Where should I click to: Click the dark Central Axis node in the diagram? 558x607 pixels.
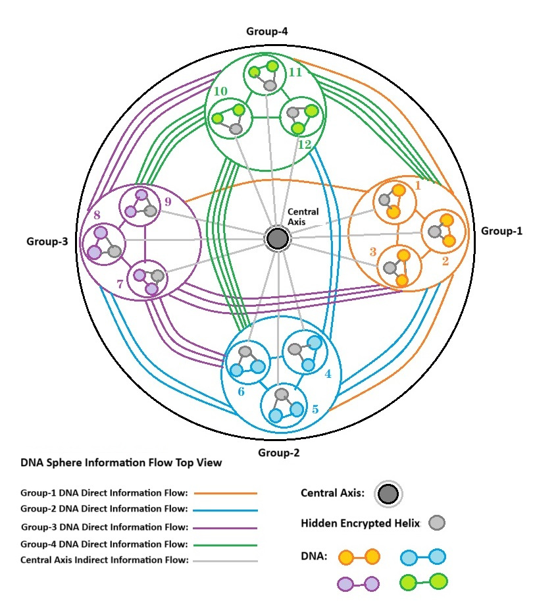pos(277,238)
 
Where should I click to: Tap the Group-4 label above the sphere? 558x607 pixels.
pos(266,31)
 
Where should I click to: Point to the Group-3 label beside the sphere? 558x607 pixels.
pos(47,241)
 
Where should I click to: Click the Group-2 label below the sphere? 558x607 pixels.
pos(279,453)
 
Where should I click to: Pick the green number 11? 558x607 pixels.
pos(295,72)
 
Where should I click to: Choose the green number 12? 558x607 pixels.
pos(304,144)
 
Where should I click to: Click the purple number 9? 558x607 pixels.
pos(168,201)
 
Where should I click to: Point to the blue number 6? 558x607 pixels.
pos(241,391)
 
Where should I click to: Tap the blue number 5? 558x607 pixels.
pos(315,409)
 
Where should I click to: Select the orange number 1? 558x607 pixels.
pos(417,186)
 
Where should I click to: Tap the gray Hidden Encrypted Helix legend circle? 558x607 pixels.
pos(436,523)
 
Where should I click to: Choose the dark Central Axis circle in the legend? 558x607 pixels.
pos(388,494)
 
